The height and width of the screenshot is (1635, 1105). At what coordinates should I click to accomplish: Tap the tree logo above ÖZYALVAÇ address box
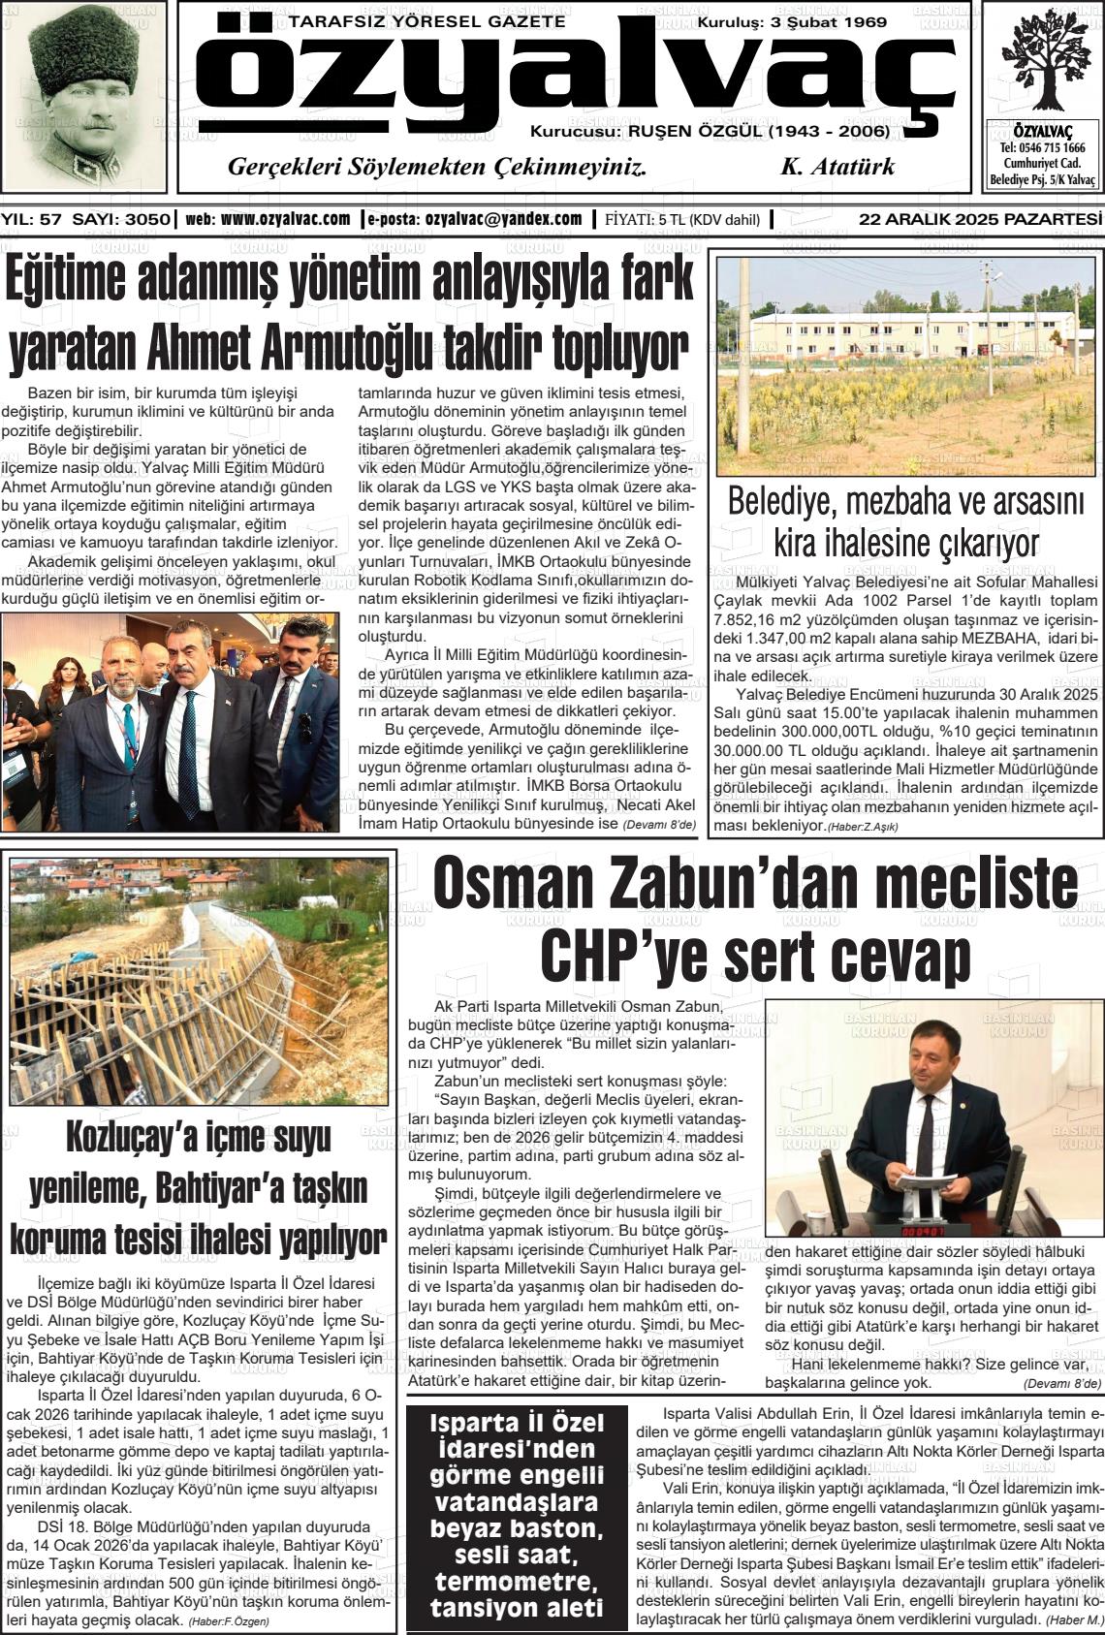pyautogui.click(x=1045, y=61)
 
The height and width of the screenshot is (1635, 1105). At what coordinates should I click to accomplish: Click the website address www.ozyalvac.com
pyautogui.click(x=285, y=219)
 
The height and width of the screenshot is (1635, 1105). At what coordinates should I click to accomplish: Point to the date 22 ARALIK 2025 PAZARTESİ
pyautogui.click(x=981, y=219)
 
